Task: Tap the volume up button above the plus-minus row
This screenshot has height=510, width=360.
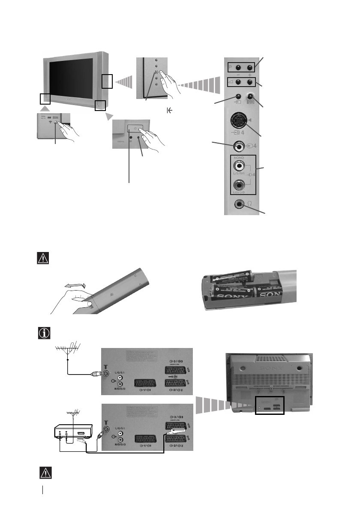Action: coord(248,82)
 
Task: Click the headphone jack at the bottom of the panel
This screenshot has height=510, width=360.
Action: coord(238,205)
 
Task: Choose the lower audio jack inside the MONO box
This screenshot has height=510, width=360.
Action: coord(238,186)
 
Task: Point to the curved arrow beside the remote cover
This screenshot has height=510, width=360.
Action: coord(74,285)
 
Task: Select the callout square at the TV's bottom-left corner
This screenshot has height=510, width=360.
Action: coord(45,98)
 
